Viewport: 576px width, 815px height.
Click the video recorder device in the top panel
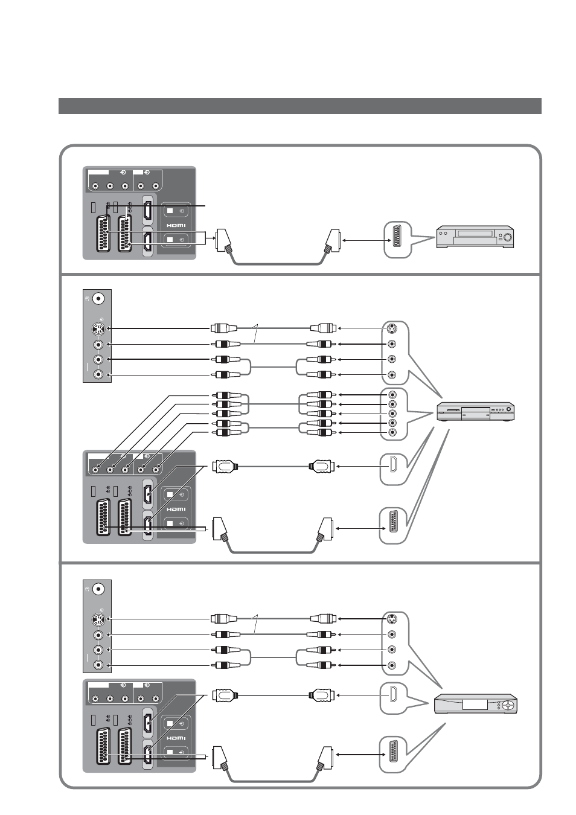tap(475, 237)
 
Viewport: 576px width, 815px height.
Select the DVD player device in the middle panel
tap(475, 412)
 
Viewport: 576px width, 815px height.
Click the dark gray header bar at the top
tap(300, 106)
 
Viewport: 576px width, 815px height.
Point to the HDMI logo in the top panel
tap(176, 226)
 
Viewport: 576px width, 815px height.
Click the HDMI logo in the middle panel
tap(176, 510)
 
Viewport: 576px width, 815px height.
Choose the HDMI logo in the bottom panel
tap(176, 738)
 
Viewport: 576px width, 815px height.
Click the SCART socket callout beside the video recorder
tap(398, 240)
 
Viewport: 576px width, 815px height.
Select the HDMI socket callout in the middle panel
tap(394, 469)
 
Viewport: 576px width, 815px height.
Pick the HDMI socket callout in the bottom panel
tap(394, 698)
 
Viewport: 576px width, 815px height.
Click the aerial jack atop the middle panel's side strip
tap(98, 299)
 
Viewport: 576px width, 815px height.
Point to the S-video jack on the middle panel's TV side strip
tap(98, 329)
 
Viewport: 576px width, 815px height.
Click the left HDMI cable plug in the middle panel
tap(225, 466)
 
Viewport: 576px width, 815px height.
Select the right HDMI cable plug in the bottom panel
tap(322, 695)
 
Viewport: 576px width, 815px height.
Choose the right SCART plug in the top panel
tap(332, 240)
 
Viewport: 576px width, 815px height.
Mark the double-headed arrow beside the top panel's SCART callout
tap(365, 240)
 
